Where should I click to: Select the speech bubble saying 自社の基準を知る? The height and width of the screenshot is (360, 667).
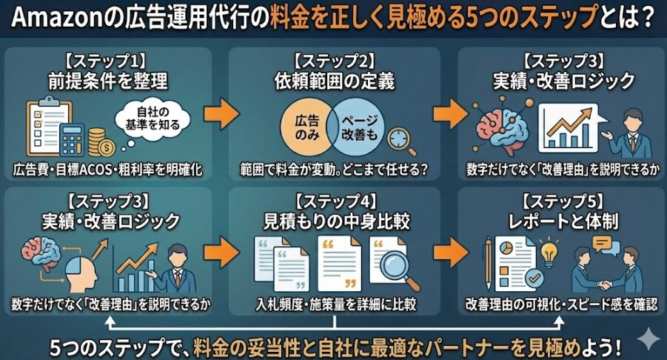click(153, 116)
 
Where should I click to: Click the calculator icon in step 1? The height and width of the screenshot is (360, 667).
click(72, 138)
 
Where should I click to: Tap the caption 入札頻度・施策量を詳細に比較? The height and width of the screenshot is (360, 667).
click(335, 304)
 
